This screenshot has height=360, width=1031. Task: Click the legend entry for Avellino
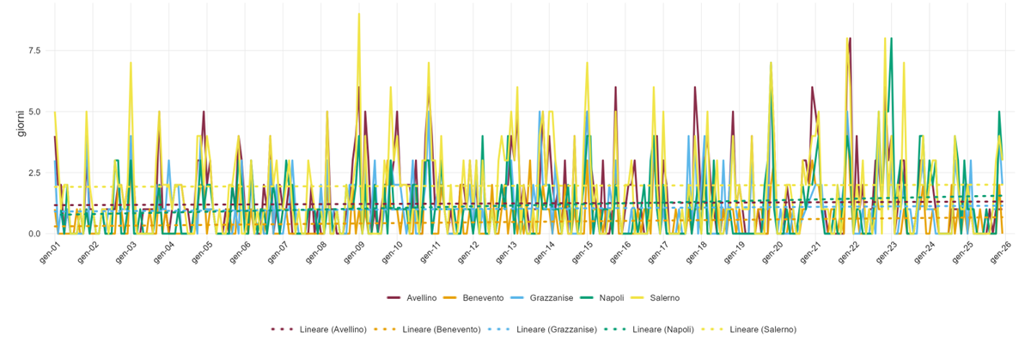pyautogui.click(x=412, y=298)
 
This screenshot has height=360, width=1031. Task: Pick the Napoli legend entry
pyautogui.click(x=601, y=298)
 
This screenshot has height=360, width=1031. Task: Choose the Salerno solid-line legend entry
pyautogui.click(x=655, y=298)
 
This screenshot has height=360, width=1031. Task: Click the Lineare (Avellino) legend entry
pyautogui.click(x=319, y=330)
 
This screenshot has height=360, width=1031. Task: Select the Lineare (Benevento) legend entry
pyautogui.click(x=427, y=330)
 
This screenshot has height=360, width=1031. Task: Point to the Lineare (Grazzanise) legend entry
pyautogui.click(x=542, y=330)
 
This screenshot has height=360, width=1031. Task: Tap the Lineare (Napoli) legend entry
pyautogui.click(x=649, y=330)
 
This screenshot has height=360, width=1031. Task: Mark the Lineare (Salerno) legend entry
pyautogui.click(x=748, y=330)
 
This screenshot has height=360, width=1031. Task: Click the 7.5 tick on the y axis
pyautogui.click(x=35, y=51)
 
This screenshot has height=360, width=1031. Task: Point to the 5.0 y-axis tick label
pyautogui.click(x=35, y=112)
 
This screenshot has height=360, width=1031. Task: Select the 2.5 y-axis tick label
pyautogui.click(x=35, y=173)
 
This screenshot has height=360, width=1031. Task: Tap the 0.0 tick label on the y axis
pyautogui.click(x=35, y=234)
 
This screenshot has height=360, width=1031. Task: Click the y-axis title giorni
pyautogui.click(x=21, y=124)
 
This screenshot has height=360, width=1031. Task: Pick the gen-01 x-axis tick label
pyautogui.click(x=50, y=253)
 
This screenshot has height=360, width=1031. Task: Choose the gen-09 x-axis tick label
pyautogui.click(x=354, y=253)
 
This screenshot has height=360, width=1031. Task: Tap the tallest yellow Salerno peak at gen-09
pyautogui.click(x=359, y=14)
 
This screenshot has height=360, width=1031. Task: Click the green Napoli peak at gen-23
pyautogui.click(x=892, y=38)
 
